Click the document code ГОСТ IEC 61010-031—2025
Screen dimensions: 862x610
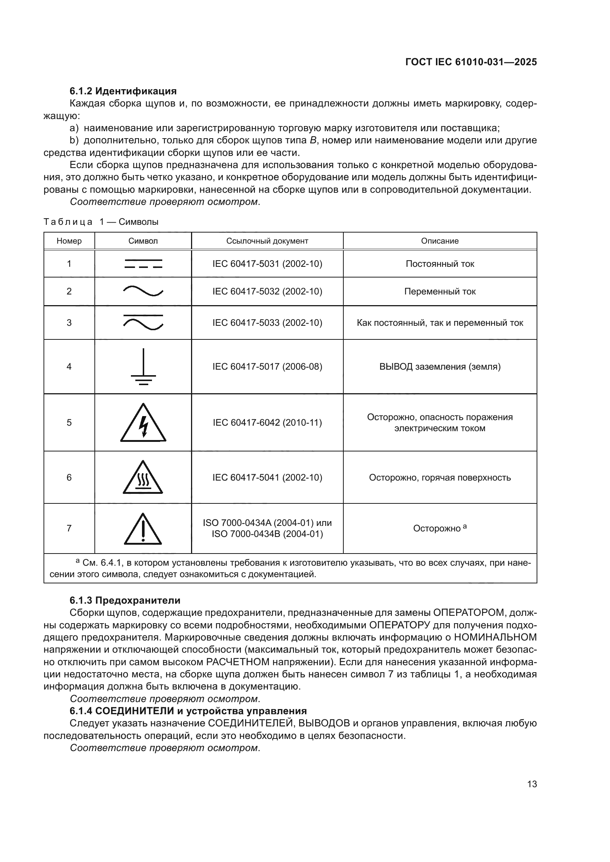471,62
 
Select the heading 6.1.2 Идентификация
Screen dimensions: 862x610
123,91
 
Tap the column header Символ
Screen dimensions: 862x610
143,241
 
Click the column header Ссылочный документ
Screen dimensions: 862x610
267,241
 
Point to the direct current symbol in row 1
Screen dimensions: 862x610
143,264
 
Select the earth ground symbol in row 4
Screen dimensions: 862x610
143,367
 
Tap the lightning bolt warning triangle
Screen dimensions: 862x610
143,423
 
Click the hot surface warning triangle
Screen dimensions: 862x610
143,478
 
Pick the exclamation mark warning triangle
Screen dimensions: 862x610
143,529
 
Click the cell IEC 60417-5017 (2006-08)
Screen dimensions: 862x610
267,367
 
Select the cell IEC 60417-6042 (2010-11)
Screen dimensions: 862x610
267,423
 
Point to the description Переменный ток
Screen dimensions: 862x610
440,292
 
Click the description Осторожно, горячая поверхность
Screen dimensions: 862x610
440,478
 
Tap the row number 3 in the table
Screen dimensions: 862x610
69,323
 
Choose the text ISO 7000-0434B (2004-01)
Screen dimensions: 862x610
267,534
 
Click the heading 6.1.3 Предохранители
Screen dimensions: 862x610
125,600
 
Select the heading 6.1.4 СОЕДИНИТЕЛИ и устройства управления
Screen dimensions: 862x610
188,711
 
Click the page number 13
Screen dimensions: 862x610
532,784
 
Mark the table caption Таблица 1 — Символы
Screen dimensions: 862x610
101,222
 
